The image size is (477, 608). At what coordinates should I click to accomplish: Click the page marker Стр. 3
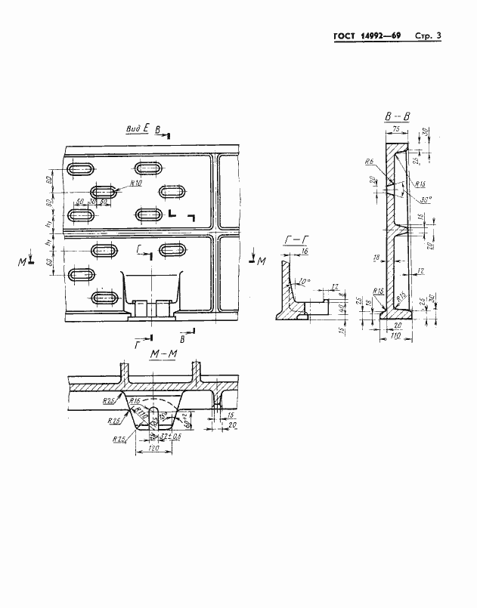[x=428, y=36]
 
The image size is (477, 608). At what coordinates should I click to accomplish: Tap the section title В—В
[x=396, y=116]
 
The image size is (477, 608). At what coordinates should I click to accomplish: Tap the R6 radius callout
[x=369, y=162]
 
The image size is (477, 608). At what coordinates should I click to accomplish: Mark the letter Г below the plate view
[x=136, y=344]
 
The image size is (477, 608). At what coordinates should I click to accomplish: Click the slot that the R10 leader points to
[x=105, y=192]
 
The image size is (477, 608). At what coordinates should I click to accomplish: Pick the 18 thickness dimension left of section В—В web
[x=376, y=258]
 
